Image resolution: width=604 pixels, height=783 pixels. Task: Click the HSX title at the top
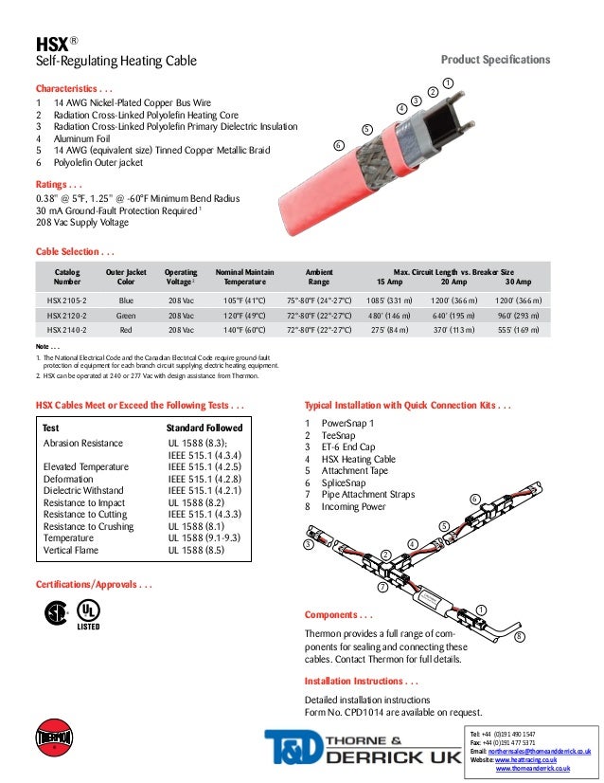pos(49,44)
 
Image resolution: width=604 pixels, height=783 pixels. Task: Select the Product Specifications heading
pos(496,61)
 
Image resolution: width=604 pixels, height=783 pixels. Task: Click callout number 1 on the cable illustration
pos(448,82)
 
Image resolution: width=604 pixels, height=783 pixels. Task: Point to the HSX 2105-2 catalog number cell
pos(67,300)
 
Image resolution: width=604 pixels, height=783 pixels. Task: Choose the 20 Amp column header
pos(458,282)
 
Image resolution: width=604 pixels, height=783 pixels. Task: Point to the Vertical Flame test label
pos(77,547)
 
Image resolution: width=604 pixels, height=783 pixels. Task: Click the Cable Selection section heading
pos(76,252)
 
